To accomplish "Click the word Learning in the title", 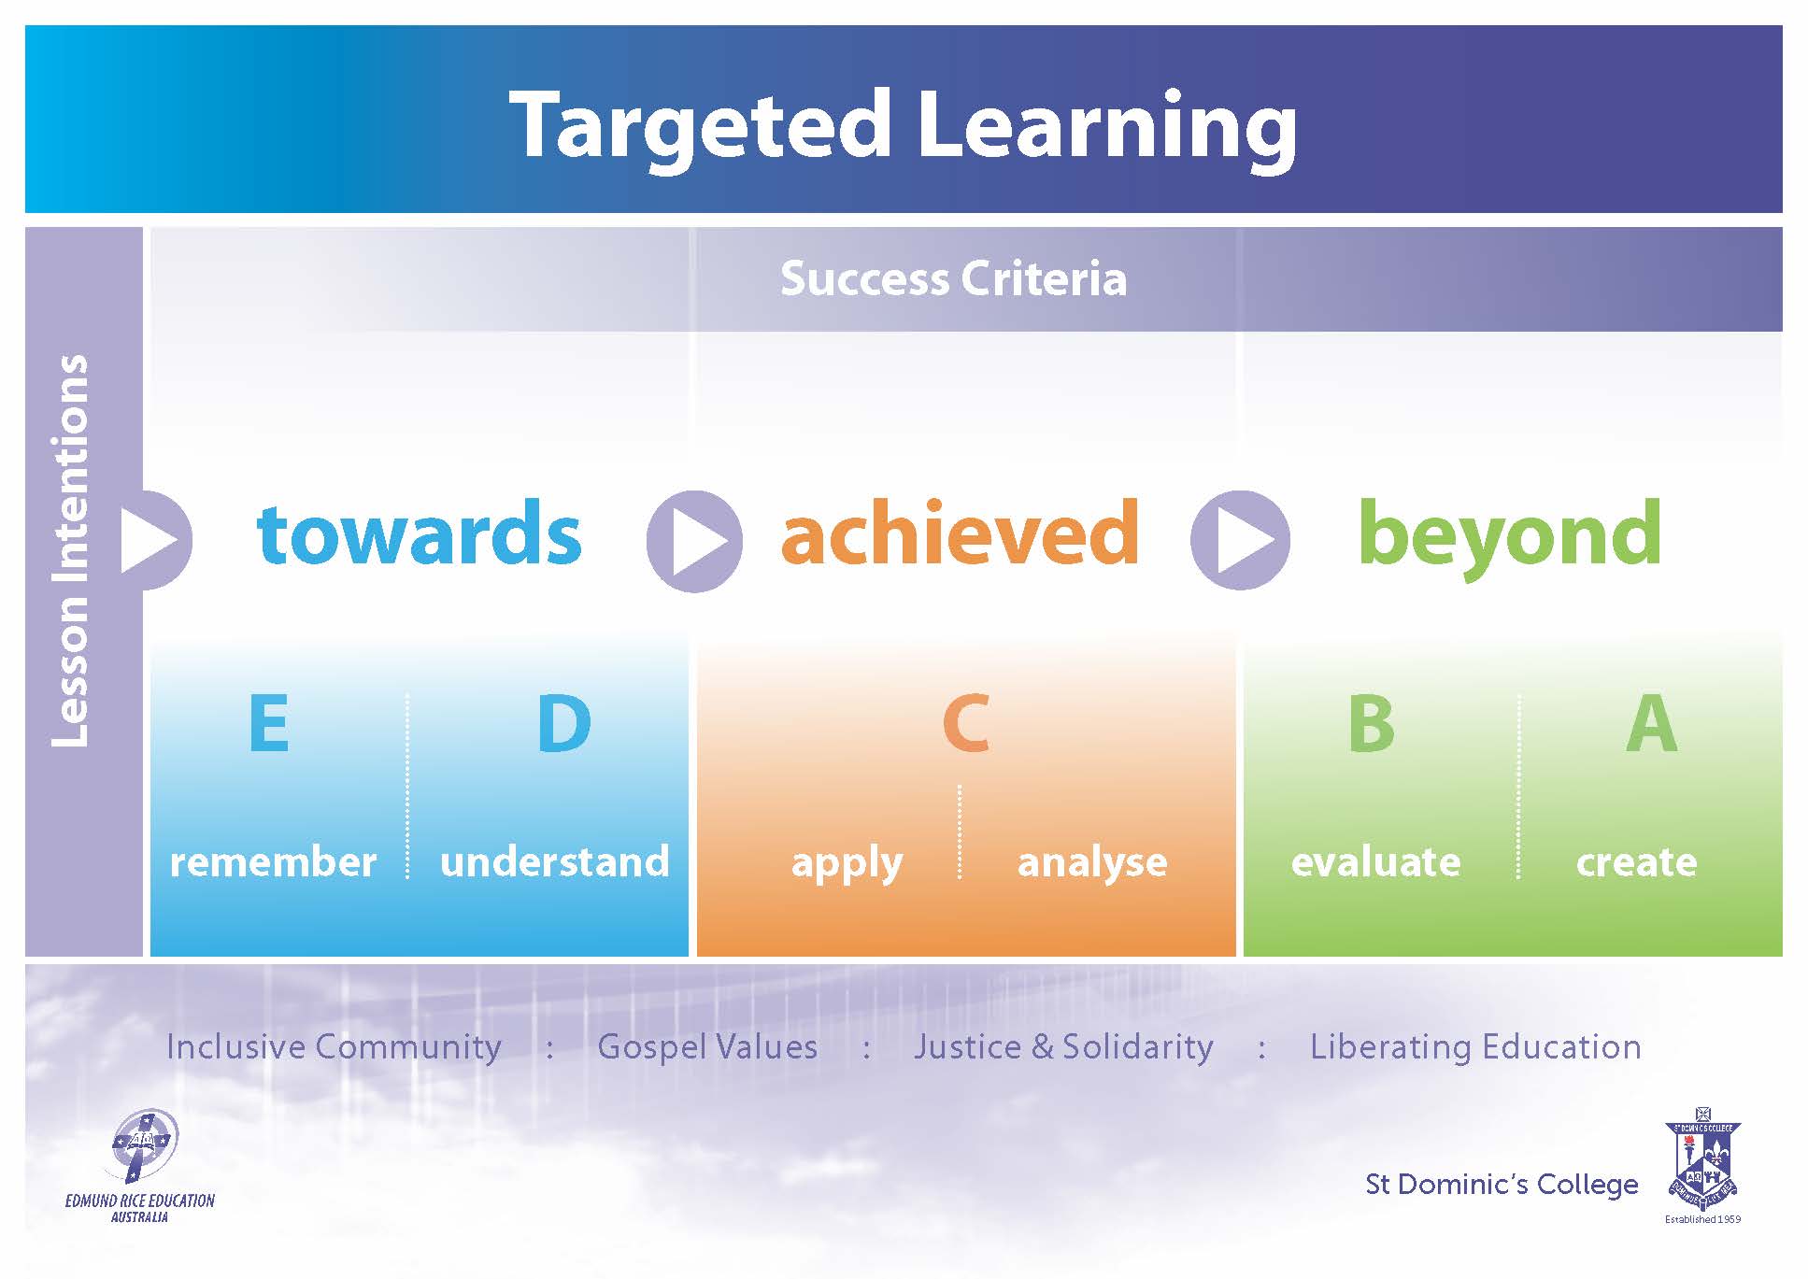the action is (1108, 129).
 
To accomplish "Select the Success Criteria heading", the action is (954, 278).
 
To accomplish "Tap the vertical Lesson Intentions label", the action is (70, 551).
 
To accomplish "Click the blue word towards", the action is (420, 533).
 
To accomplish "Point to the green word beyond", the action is (1510, 536).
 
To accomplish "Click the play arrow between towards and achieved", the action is (694, 541).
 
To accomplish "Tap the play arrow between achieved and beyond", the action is (1240, 541).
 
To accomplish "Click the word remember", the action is (273, 861).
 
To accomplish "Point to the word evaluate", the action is (1375, 861).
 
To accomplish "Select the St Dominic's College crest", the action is (1702, 1160).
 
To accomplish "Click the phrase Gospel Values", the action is (707, 1047).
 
